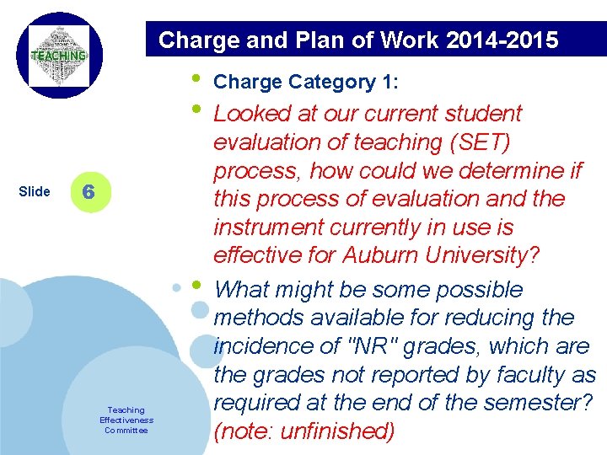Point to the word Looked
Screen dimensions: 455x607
point(253,114)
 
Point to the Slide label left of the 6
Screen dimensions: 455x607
point(34,191)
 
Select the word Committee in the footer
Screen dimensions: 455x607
point(126,431)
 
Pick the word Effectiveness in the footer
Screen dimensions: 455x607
point(126,420)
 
